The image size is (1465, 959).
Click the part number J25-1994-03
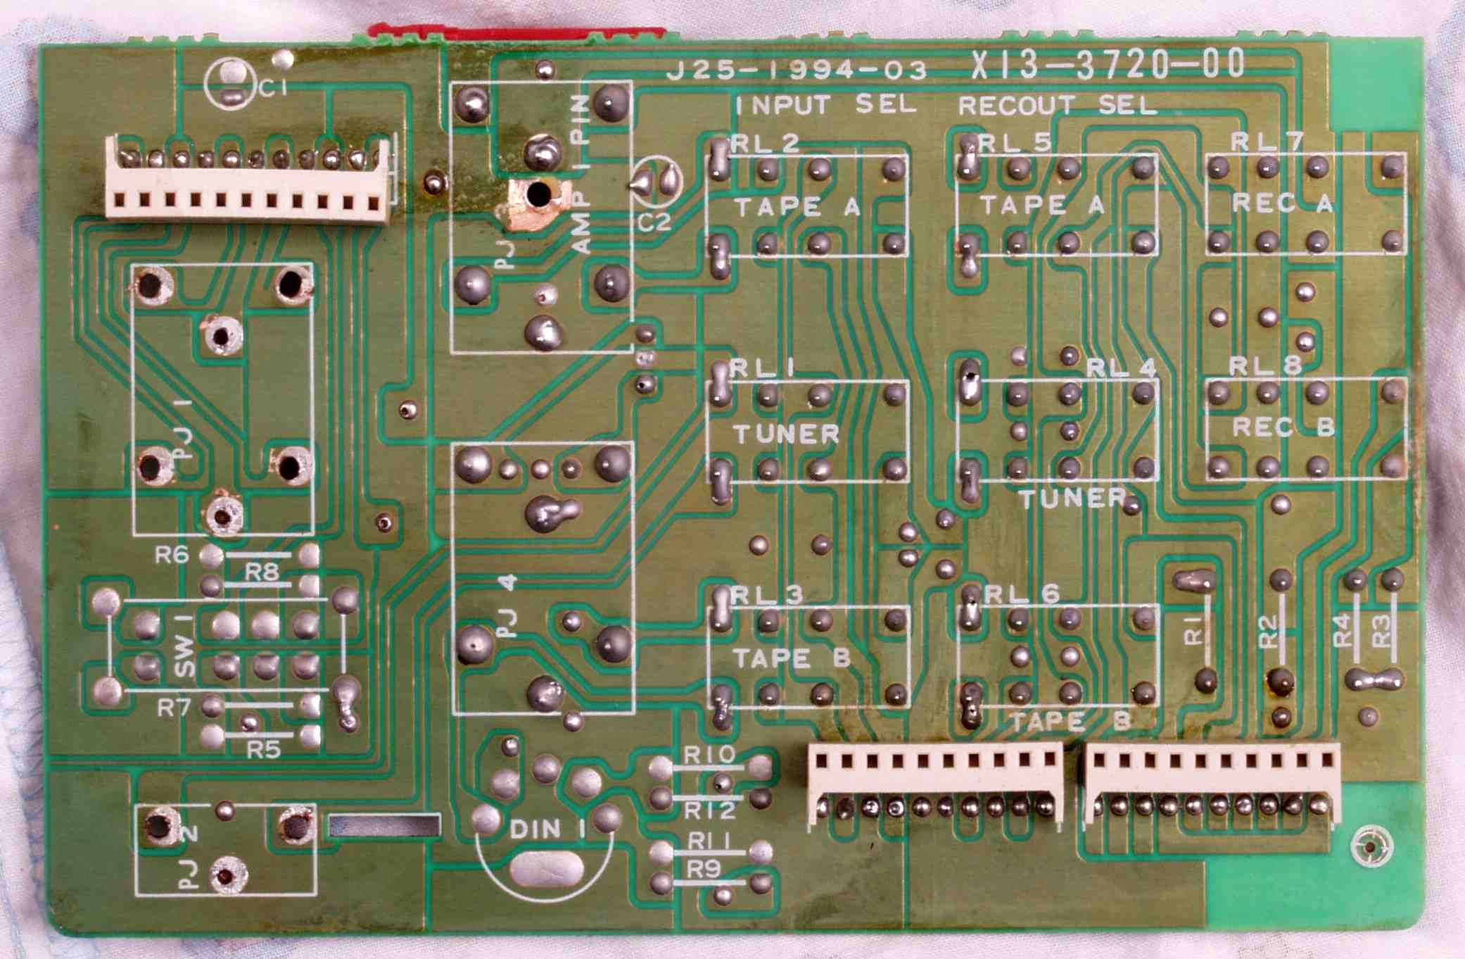tap(796, 70)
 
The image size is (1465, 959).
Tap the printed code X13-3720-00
tap(1108, 65)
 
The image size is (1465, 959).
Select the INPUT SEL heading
tap(826, 105)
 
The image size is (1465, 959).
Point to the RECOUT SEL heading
tap(1058, 106)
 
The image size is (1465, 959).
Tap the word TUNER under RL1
tap(786, 434)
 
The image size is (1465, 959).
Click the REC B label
tap(1283, 427)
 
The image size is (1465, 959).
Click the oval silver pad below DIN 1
tap(547, 870)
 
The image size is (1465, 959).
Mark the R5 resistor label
tap(263, 751)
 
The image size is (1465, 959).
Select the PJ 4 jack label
tap(508, 607)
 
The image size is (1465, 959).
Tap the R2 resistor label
tap(1267, 632)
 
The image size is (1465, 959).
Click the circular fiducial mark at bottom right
tap(1371, 847)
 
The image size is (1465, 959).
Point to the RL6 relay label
tap(1022, 594)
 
